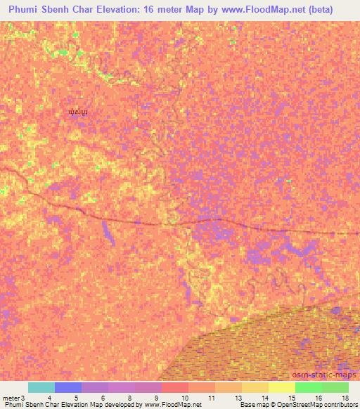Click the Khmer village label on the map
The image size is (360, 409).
point(78,112)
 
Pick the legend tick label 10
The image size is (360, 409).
point(184,398)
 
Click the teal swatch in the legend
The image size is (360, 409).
point(41,387)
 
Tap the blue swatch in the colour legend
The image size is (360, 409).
point(68,387)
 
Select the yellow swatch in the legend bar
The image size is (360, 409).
point(282,387)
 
